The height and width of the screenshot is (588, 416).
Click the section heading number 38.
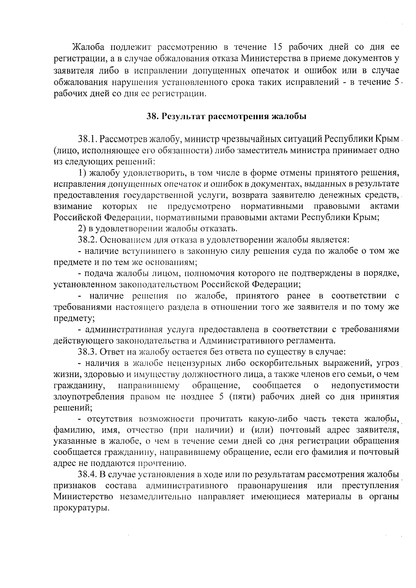point(153,116)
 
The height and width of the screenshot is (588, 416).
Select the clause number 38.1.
point(87,139)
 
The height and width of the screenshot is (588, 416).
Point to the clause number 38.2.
point(87,239)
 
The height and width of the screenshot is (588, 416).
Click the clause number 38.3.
point(87,352)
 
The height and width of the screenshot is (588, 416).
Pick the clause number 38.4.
point(87,474)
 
